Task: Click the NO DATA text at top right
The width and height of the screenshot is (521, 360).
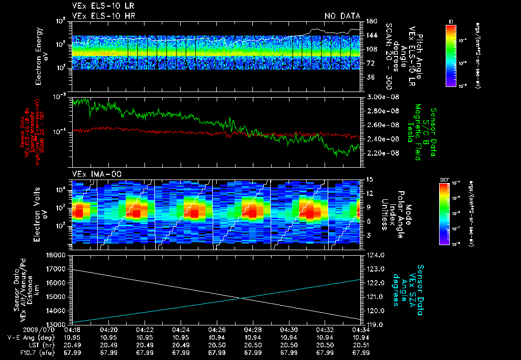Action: [342, 16]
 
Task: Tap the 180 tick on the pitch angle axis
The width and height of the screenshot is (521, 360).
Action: [371, 21]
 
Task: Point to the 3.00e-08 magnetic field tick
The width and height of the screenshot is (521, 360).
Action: [383, 97]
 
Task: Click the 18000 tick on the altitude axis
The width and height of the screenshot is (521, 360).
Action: [57, 255]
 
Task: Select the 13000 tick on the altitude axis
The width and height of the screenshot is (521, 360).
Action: [57, 324]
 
